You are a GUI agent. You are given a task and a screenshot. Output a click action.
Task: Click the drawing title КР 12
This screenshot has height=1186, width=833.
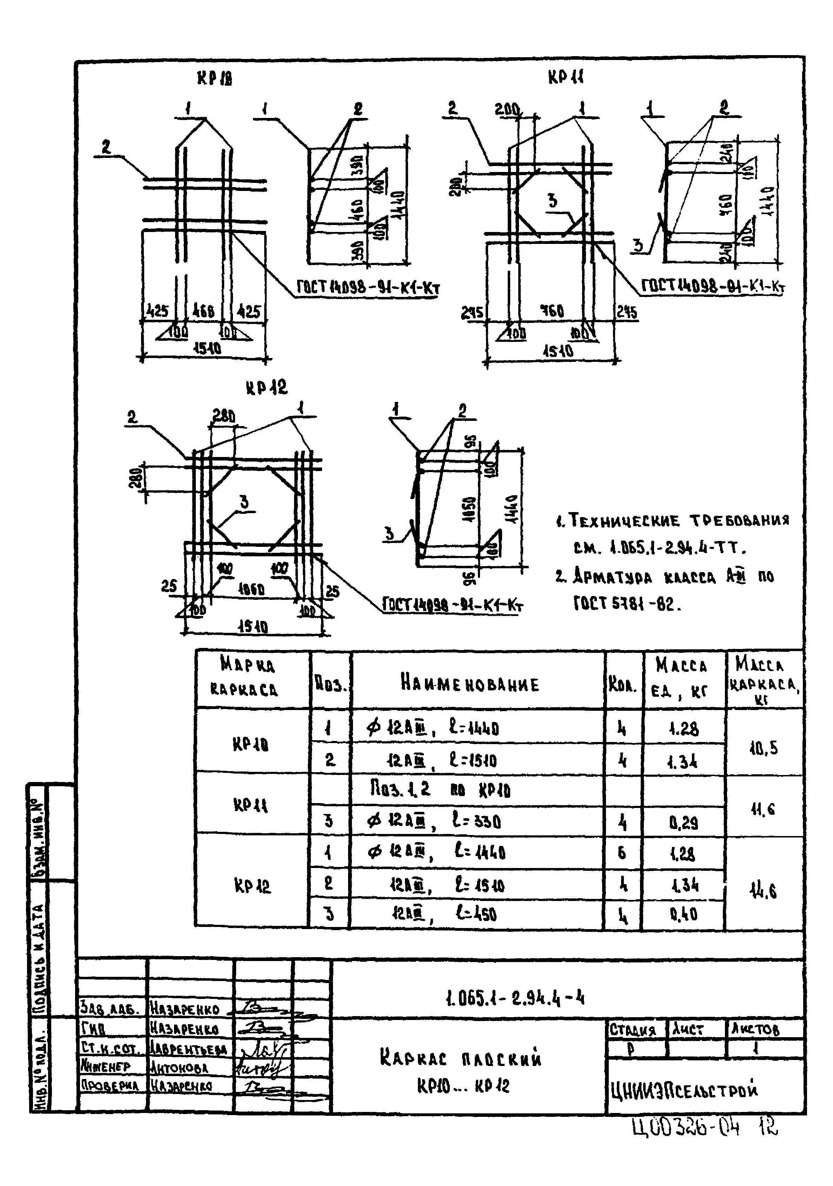point(266,387)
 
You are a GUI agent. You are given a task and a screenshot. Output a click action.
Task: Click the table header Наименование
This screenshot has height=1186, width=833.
point(469,684)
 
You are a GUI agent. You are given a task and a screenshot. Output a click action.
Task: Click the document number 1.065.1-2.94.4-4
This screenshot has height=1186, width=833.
point(514,998)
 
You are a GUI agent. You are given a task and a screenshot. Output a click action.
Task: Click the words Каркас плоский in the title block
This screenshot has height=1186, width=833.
point(461,1059)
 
